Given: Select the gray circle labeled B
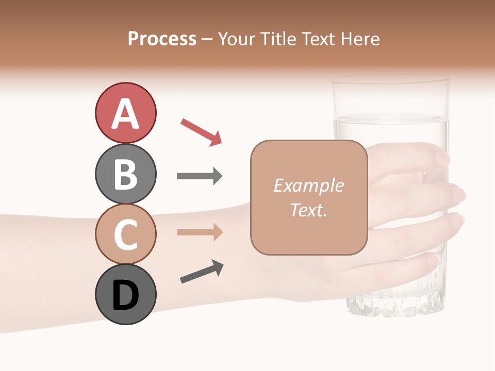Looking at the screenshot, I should pyautogui.click(x=125, y=174).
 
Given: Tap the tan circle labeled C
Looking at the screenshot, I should pyautogui.click(x=125, y=234).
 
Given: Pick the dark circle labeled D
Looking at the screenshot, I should pyautogui.click(x=125, y=295).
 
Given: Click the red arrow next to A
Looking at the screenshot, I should pyautogui.click(x=201, y=131).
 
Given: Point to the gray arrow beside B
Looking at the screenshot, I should pyautogui.click(x=200, y=176).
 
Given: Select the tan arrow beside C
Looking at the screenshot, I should pyautogui.click(x=200, y=232).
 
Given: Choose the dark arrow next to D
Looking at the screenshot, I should pyautogui.click(x=202, y=272).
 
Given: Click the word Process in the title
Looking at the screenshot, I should pyautogui.click(x=162, y=39).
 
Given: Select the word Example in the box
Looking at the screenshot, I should pyautogui.click(x=308, y=185).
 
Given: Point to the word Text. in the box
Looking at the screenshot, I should pyautogui.click(x=308, y=210).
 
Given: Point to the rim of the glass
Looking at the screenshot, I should pyautogui.click(x=390, y=80).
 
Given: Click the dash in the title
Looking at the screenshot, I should pyautogui.click(x=207, y=39).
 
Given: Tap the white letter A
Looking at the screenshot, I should pyautogui.click(x=125, y=113).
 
